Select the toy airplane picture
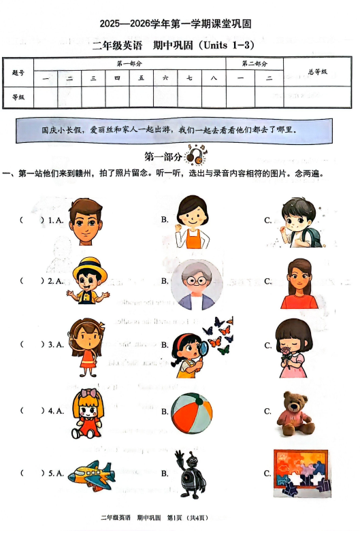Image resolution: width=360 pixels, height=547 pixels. tap(91, 476)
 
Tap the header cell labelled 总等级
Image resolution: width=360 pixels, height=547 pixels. tap(317, 71)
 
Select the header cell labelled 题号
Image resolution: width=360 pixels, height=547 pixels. tap(18, 72)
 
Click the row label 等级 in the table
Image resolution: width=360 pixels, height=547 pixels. tap(18, 97)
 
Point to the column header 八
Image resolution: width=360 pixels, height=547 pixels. tap(214, 79)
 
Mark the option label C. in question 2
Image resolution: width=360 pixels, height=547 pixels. tap(268, 281)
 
